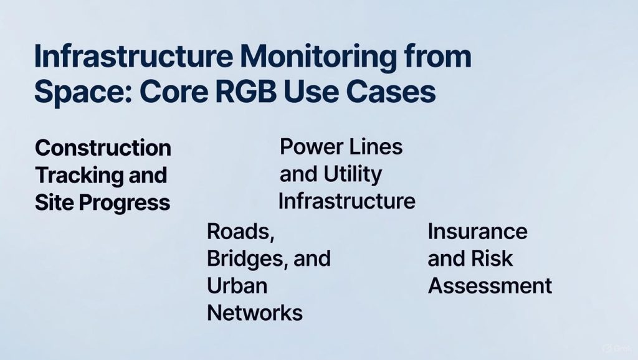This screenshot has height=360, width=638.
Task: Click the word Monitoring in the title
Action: click(x=318, y=57)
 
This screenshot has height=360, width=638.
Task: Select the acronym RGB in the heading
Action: click(x=246, y=91)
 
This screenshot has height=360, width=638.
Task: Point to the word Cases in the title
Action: click(x=391, y=91)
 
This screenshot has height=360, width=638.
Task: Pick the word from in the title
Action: click(x=437, y=56)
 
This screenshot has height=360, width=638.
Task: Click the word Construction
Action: click(x=103, y=148)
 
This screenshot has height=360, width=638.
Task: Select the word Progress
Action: click(x=125, y=202)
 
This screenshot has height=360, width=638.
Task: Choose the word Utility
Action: click(x=353, y=174)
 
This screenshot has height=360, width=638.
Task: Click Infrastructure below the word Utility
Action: click(x=347, y=201)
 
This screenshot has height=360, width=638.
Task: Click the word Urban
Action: click(x=237, y=285)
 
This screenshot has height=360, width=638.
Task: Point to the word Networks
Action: click(x=255, y=313)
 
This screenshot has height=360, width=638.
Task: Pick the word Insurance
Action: click(x=478, y=232)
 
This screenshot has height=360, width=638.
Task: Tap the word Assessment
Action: click(x=490, y=285)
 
